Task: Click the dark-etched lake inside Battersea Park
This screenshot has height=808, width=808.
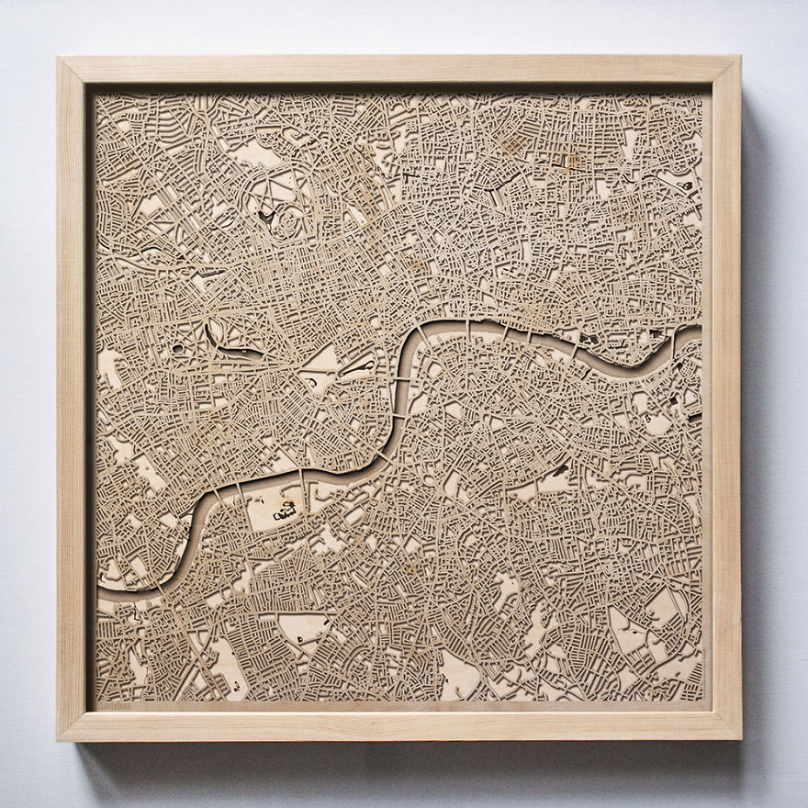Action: [x=286, y=511]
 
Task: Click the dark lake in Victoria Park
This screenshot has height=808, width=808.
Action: [x=684, y=186]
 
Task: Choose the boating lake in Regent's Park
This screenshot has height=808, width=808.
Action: [x=266, y=217]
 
